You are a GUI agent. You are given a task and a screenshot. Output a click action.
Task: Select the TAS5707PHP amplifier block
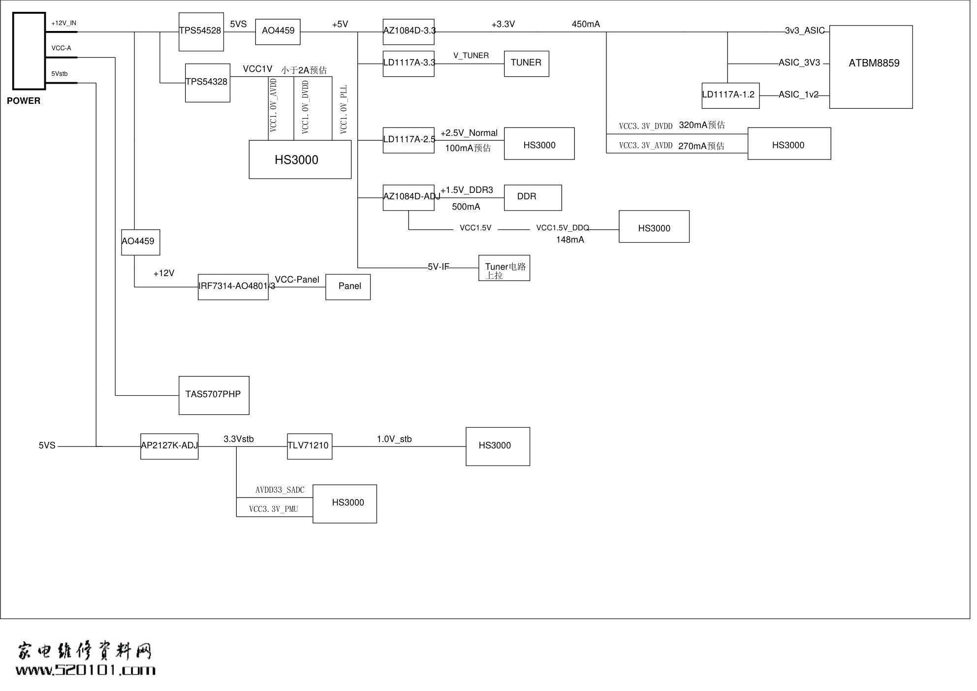(x=214, y=395)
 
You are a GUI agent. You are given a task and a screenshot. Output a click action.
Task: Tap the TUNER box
(x=526, y=63)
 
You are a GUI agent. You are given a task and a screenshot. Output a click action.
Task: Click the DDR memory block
(x=533, y=197)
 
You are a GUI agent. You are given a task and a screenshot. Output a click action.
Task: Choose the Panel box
(x=347, y=287)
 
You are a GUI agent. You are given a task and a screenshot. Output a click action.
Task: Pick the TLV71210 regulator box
(x=309, y=446)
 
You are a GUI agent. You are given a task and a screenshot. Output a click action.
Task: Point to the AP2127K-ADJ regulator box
(x=169, y=446)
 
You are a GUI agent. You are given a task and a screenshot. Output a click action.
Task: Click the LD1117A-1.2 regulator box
(x=730, y=95)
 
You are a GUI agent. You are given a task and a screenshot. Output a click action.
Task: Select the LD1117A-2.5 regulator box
(x=409, y=140)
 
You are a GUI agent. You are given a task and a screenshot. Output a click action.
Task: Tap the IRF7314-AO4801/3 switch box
(x=233, y=287)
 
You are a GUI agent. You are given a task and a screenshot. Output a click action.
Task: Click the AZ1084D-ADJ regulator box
(x=409, y=197)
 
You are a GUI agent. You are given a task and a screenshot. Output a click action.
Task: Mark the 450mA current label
(x=586, y=24)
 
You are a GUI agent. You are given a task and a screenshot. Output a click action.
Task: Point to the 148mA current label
(x=570, y=240)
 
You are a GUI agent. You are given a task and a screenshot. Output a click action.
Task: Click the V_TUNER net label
(x=471, y=56)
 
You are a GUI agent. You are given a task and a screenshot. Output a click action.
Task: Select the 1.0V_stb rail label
(x=394, y=439)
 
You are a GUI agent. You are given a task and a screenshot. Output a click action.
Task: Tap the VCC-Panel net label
(x=297, y=280)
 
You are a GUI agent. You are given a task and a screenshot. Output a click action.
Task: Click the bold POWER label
(x=24, y=101)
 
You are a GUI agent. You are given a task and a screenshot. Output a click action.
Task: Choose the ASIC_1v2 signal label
(x=798, y=94)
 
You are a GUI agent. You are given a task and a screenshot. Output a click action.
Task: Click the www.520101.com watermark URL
(x=85, y=670)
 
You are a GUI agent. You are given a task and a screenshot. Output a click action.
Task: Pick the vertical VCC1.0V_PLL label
(x=344, y=109)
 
